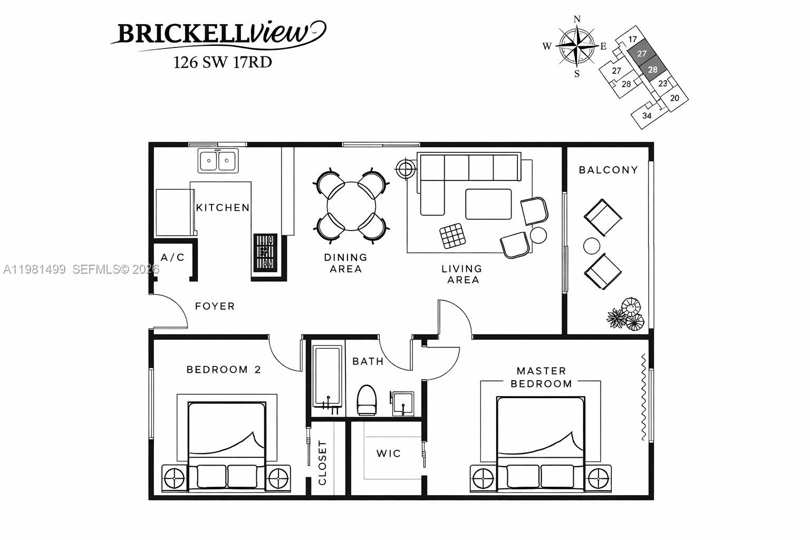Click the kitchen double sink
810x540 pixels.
pyautogui.click(x=218, y=160)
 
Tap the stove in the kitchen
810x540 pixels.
pyautogui.click(x=265, y=253)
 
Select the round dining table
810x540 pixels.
pyautogui.click(x=352, y=206)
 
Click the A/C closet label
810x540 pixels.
pyautogui.click(x=173, y=257)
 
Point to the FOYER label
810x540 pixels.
pyautogui.click(x=215, y=306)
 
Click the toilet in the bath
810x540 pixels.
pyautogui.click(x=367, y=400)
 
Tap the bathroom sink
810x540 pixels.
pyautogui.click(x=402, y=403)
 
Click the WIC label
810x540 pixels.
pyautogui.click(x=389, y=454)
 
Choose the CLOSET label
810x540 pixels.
pyautogui.click(x=323, y=463)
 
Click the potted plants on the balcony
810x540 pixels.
pyautogui.click(x=626, y=315)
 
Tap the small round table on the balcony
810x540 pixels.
pyautogui.click(x=592, y=246)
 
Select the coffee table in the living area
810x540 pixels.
pyautogui.click(x=488, y=204)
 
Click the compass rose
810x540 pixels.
pyautogui.click(x=576, y=46)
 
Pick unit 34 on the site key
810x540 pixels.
pyautogui.click(x=647, y=115)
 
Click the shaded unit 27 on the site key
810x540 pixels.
pyautogui.click(x=641, y=54)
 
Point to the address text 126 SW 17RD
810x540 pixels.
pyautogui.click(x=223, y=62)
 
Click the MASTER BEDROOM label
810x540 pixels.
pyautogui.click(x=541, y=378)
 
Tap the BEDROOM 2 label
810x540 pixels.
pyautogui.click(x=224, y=370)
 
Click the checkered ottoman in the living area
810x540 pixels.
pyautogui.click(x=452, y=236)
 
